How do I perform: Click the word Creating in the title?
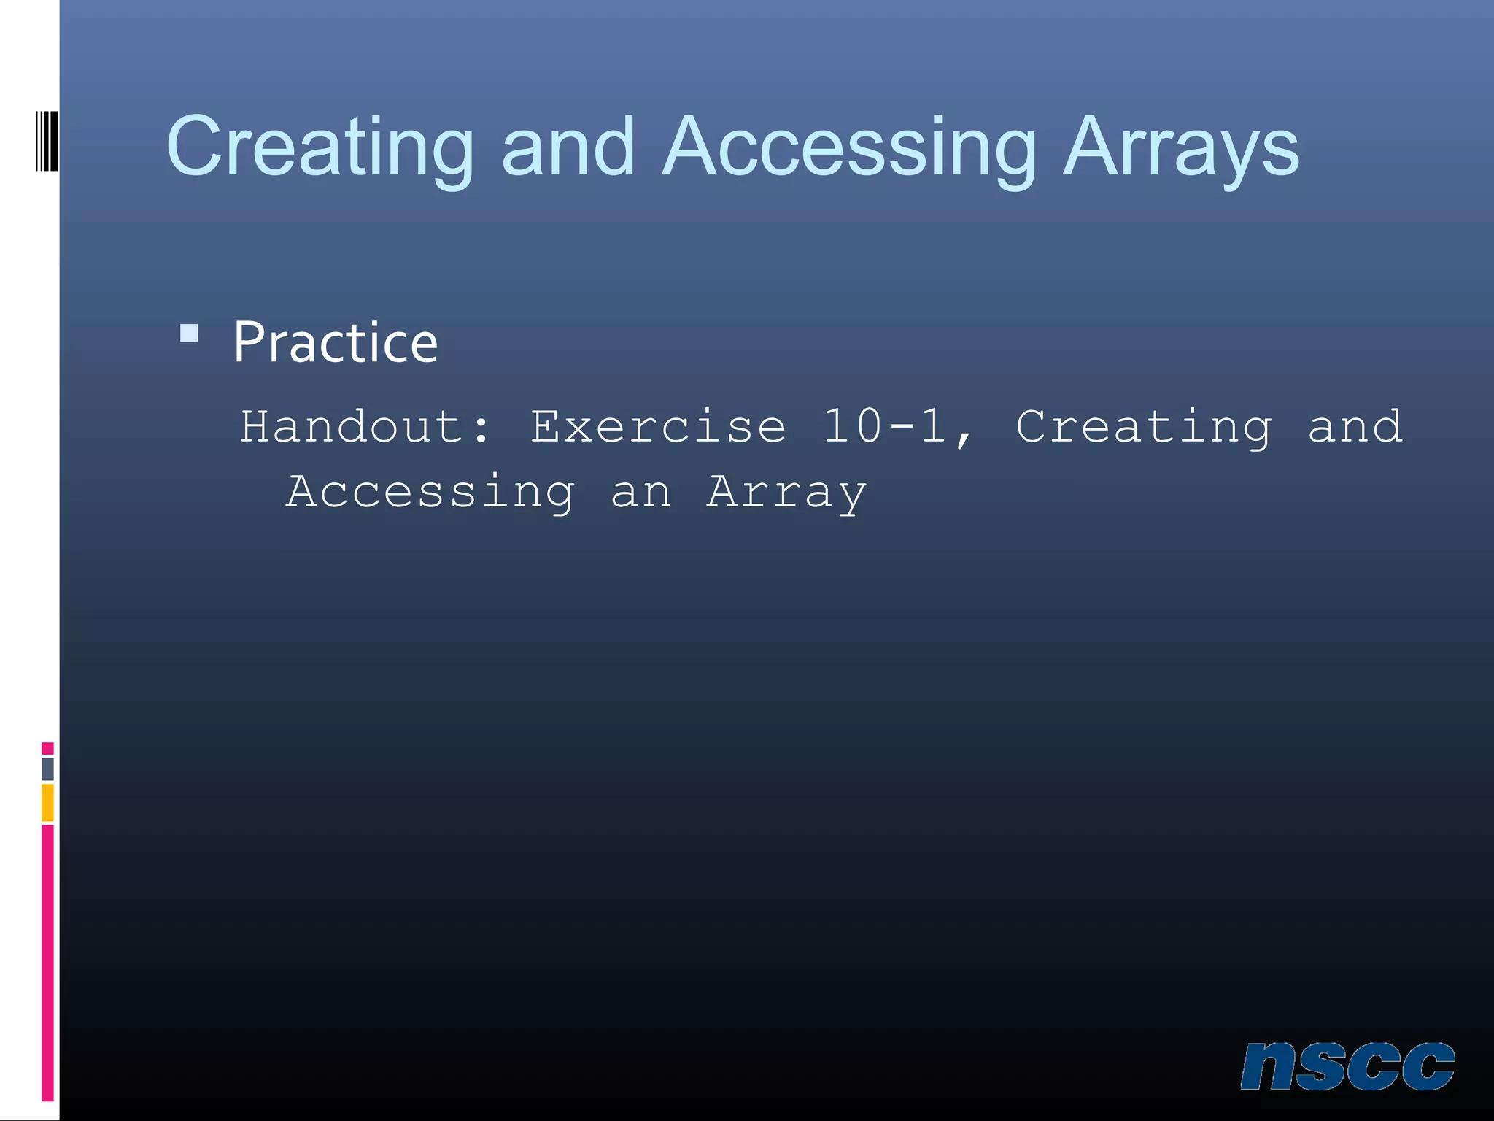coord(320,147)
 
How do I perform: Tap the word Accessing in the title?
coord(848,147)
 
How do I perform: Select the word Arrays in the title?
coord(1180,147)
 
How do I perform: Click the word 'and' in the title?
coord(568,147)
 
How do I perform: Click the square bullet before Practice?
coord(189,334)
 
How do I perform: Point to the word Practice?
coord(335,342)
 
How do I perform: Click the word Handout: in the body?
coord(365,427)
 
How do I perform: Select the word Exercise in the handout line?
coord(658,427)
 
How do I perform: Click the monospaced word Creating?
coord(1143,427)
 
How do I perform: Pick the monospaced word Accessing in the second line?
coord(430,492)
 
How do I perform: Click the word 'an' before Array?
coord(640,492)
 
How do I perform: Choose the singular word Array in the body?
coord(786,492)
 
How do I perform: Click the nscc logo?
coord(1347,1066)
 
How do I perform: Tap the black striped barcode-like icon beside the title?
coord(47,141)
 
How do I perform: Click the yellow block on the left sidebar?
coord(47,803)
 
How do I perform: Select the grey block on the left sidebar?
coord(47,768)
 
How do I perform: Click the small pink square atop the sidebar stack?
coord(47,748)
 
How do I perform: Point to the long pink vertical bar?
coord(47,962)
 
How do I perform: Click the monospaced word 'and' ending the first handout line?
coord(1354,427)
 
